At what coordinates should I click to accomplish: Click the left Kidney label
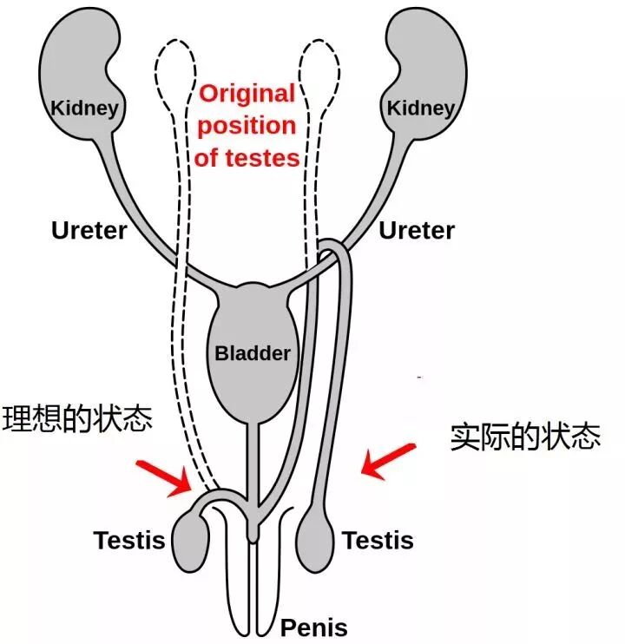pos(85,108)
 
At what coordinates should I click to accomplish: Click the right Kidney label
pos(420,108)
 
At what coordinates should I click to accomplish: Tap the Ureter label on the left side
pos(89,231)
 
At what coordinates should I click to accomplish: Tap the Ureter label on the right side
pos(417,231)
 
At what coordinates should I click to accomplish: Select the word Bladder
pos(253,354)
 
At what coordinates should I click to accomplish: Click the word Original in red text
pos(248,94)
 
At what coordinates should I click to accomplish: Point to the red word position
pos(247,126)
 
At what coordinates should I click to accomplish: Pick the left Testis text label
pos(129,540)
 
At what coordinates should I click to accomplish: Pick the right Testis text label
pos(378,540)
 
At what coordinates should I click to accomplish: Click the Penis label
pos(313,628)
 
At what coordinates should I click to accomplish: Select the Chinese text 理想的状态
pos(78,418)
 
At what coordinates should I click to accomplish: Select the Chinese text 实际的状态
pos(525,437)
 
